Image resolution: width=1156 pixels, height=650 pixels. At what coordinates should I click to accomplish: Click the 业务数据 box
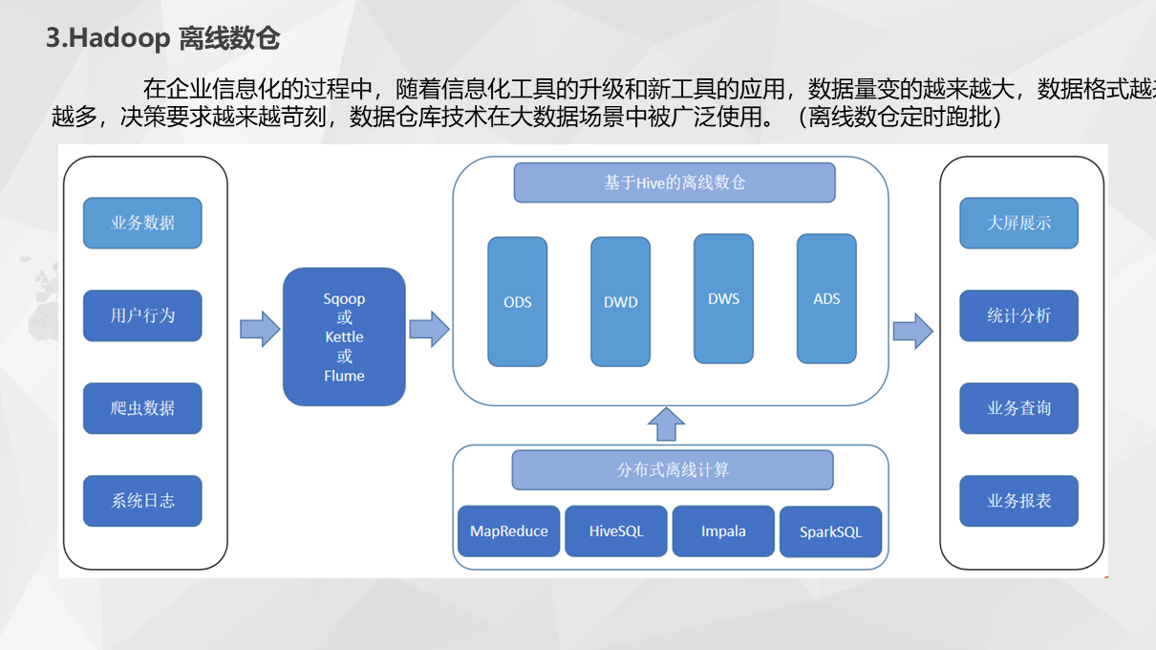coord(142,223)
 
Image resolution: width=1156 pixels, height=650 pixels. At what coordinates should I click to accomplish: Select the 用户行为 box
coord(142,315)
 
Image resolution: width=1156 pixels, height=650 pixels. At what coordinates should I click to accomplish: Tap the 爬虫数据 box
coord(142,408)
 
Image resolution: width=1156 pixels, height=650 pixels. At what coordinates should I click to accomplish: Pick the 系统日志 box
coord(142,500)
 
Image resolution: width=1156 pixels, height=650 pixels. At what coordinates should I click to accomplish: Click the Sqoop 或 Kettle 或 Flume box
coord(344,336)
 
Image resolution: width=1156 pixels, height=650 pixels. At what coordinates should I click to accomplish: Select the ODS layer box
coord(518,302)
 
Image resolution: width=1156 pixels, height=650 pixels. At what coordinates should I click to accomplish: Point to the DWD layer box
coord(620,302)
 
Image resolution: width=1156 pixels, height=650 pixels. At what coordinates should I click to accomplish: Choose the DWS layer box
coord(723,299)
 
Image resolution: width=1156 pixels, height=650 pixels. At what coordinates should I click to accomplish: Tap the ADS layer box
coord(826,299)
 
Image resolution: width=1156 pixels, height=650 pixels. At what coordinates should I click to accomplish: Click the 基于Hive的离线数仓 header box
coord(674,183)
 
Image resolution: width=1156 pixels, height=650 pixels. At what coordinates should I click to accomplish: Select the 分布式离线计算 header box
coord(673,470)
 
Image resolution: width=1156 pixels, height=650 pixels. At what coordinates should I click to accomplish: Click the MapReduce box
coord(509,531)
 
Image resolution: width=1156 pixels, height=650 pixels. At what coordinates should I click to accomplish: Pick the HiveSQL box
coord(616,531)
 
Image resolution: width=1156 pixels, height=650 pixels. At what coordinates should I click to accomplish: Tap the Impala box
coord(723,531)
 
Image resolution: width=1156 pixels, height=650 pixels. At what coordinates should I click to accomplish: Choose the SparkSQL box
coord(830,532)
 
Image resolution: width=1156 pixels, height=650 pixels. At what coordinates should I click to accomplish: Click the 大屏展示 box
coord(1018,223)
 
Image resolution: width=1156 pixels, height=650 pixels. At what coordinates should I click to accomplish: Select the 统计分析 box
coord(1018,315)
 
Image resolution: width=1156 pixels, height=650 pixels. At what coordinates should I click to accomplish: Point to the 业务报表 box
coord(1018,500)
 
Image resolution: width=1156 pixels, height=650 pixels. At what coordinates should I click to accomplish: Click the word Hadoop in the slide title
coord(119,39)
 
